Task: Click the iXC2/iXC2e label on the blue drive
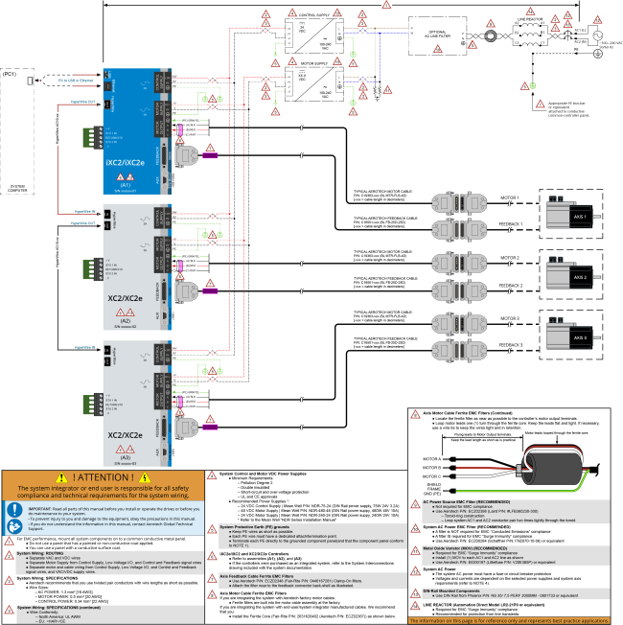pos(125,164)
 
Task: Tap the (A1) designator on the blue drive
pos(126,185)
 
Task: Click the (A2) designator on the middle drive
pos(126,321)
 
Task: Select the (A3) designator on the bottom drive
pos(126,457)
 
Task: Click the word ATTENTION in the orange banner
pos(103,477)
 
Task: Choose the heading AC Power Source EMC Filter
pos(467,501)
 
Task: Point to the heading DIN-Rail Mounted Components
pos(451,590)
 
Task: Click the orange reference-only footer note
pos(509,620)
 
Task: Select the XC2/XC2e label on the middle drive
pos(125,299)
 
